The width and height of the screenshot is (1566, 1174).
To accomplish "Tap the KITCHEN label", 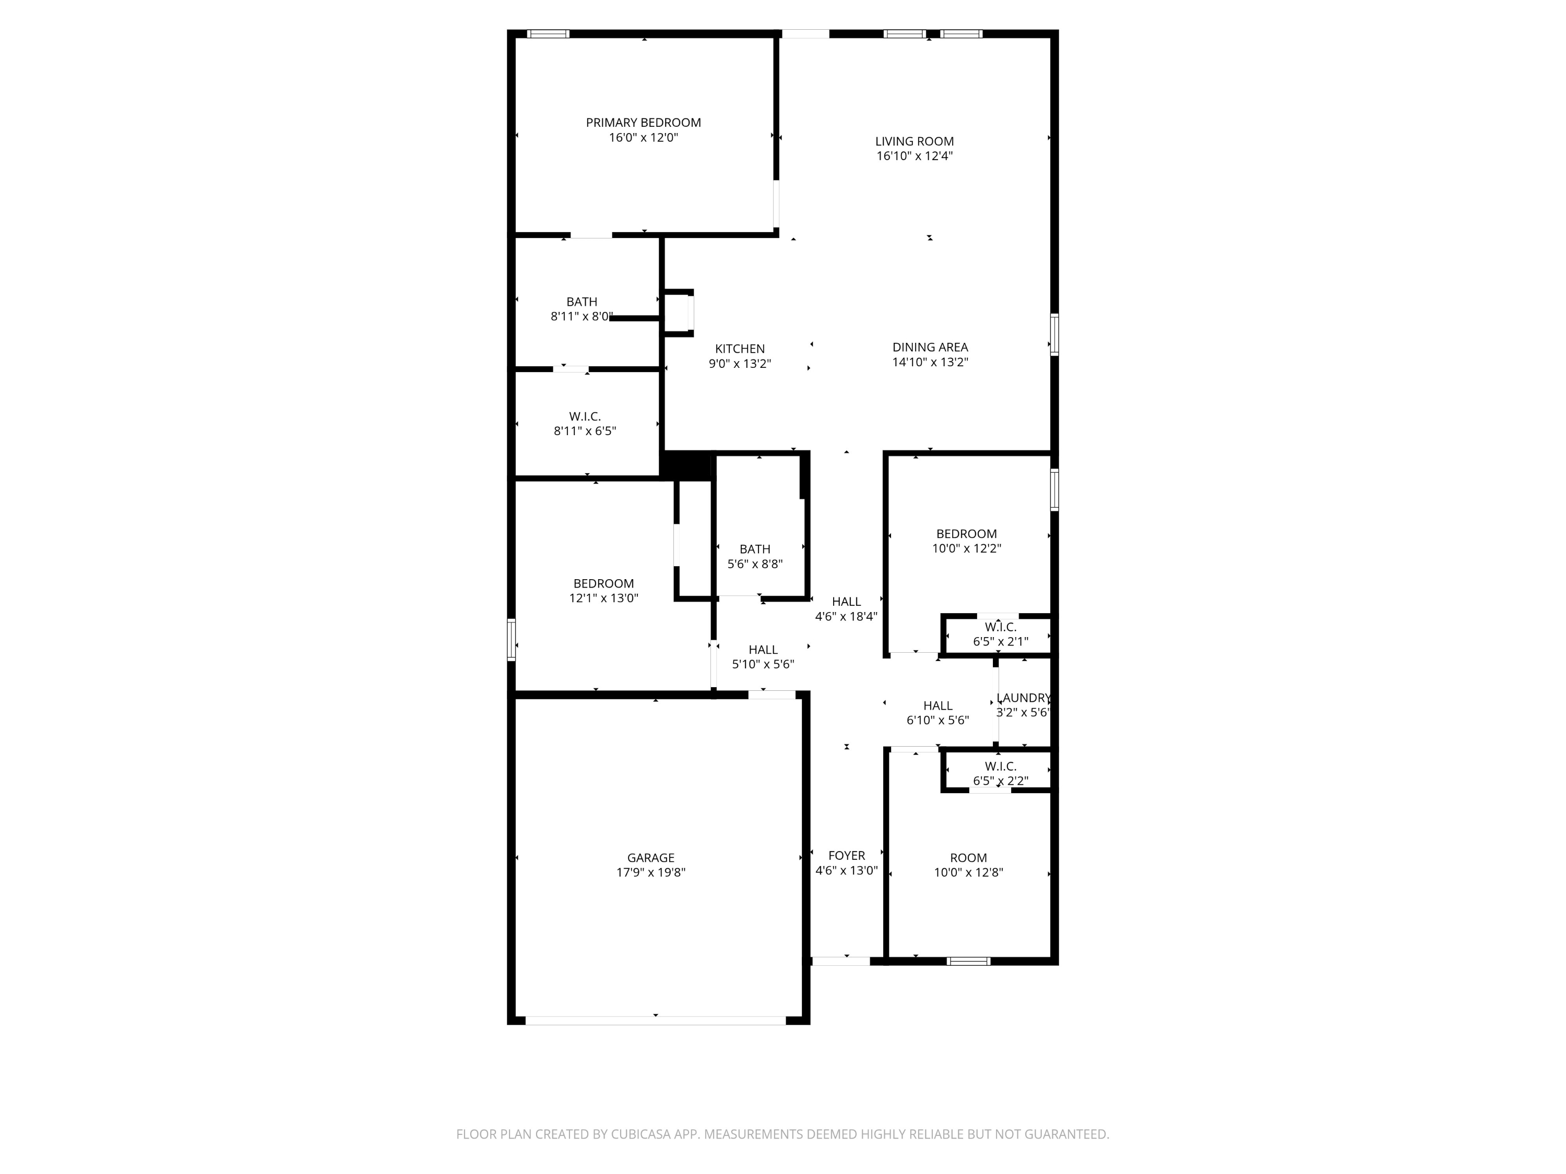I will (739, 349).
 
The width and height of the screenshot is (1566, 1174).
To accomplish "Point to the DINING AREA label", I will (930, 348).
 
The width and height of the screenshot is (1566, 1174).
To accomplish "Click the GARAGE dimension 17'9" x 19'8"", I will (650, 872).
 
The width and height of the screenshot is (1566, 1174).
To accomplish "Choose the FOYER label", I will (846, 856).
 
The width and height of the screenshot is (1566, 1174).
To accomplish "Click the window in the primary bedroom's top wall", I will (548, 34).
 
